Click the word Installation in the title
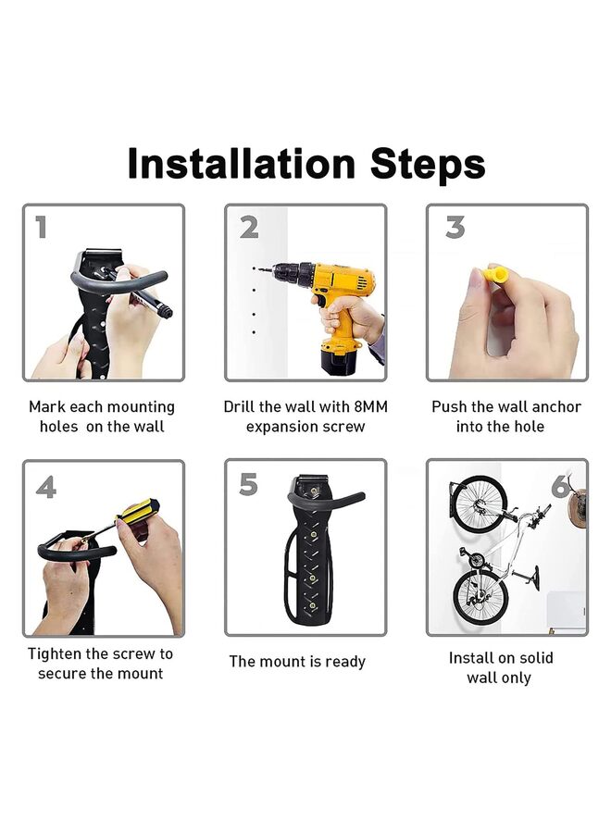242,163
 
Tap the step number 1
41,227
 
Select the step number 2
249,227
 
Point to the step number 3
455,227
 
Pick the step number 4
45,487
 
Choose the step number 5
248,484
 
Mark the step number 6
561,486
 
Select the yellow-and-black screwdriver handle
138,511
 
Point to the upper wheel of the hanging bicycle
480,504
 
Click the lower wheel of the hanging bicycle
480,596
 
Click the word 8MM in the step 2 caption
370,407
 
